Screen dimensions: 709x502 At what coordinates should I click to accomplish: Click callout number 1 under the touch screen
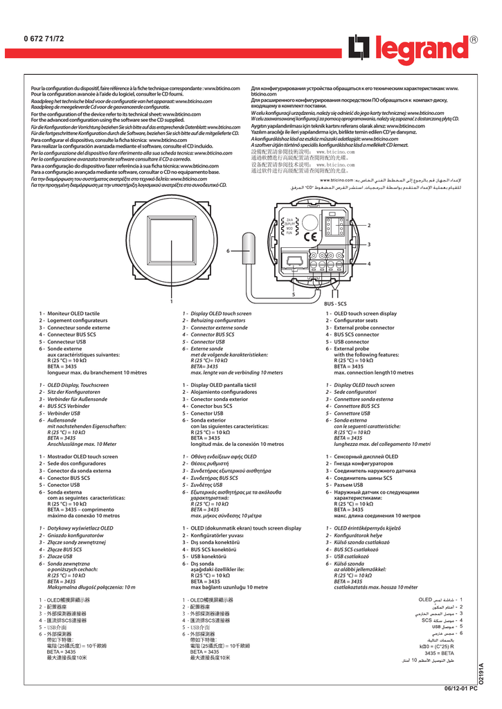171,301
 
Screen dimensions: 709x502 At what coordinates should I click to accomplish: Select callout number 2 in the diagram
369,226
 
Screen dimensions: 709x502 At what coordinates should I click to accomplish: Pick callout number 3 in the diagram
369,244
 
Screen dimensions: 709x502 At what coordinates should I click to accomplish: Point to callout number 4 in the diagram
369,263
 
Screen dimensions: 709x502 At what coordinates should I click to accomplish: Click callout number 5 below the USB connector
293,294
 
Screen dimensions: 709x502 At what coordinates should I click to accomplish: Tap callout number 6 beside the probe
226,251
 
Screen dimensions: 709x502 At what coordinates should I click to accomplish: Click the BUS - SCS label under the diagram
335,303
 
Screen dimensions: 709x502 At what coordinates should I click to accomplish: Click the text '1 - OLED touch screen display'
361,314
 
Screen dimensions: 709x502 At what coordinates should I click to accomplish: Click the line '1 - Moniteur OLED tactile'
69,314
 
